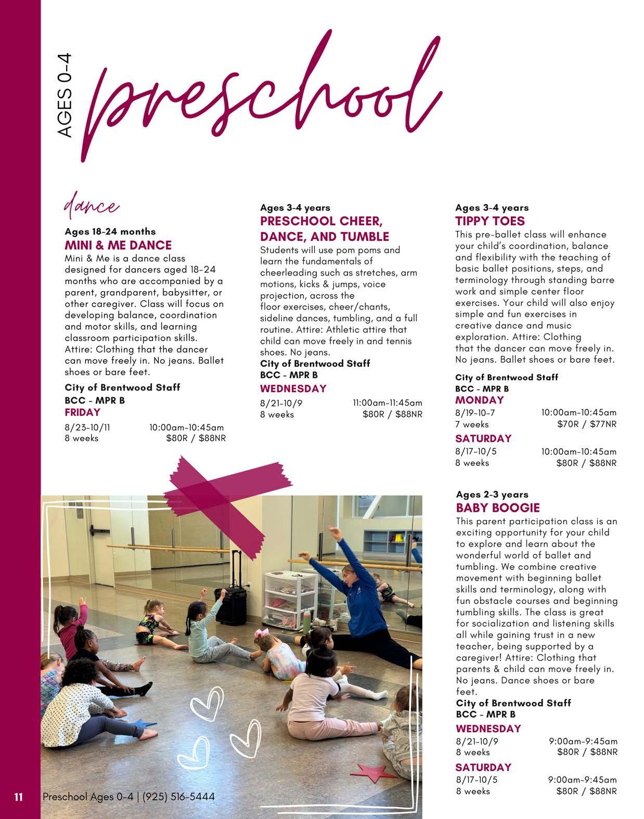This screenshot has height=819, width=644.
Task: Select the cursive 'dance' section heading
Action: [91, 206]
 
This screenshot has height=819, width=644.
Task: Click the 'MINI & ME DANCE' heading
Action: [118, 245]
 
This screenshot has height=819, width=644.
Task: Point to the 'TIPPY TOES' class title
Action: [490, 221]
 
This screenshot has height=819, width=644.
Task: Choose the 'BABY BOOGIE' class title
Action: [498, 508]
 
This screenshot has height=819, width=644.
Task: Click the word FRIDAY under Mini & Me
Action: [82, 412]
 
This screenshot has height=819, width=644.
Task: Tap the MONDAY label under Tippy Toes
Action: [480, 400]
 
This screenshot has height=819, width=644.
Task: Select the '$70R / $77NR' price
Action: [587, 424]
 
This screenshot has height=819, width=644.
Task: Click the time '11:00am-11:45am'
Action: [388, 402]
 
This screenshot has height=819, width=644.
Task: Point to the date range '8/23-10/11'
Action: [87, 427]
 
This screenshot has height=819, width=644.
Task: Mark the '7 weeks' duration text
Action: [472, 424]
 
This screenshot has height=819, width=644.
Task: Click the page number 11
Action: [19, 797]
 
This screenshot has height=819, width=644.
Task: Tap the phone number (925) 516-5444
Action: [178, 797]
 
